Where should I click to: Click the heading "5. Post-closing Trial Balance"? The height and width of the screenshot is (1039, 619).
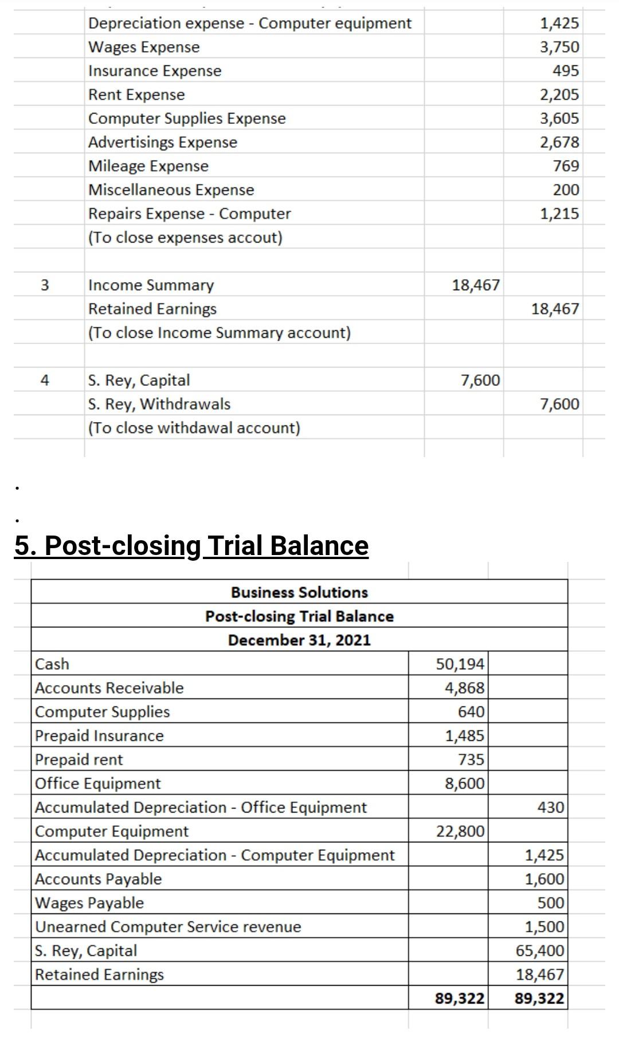[x=191, y=545]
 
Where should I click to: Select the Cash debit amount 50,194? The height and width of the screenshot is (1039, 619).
[x=460, y=664]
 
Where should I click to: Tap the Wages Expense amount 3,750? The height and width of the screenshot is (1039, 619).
[x=559, y=47]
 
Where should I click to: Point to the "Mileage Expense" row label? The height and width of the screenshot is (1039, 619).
[x=148, y=166]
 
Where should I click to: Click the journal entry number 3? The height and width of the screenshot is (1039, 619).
[x=45, y=285]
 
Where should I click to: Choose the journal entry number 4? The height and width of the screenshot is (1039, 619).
[x=45, y=380]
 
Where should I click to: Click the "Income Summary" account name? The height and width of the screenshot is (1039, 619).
[x=151, y=285]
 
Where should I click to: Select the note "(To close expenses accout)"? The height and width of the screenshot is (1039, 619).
[x=185, y=237]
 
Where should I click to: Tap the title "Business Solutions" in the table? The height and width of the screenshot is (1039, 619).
[x=299, y=592]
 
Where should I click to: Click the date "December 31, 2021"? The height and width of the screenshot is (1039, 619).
[x=299, y=640]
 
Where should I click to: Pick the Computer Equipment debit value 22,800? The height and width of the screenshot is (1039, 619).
[x=460, y=831]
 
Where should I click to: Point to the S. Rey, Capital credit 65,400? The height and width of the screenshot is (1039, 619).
[x=540, y=950]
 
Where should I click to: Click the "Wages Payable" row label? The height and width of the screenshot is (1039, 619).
[x=89, y=903]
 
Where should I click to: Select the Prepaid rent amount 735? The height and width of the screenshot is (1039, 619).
[x=471, y=759]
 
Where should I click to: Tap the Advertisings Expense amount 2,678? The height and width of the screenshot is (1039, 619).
[x=559, y=142]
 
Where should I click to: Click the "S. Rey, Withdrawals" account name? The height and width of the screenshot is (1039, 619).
[x=159, y=404]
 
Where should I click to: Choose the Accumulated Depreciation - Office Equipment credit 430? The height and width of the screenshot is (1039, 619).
[x=551, y=807]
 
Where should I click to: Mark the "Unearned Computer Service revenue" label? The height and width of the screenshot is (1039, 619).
[x=168, y=927]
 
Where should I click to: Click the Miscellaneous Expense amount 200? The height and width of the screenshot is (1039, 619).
[x=566, y=190]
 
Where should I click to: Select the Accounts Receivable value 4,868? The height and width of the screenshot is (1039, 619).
[x=465, y=688]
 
